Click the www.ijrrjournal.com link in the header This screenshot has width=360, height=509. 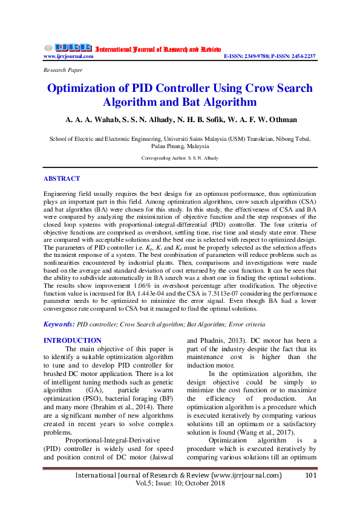[x=68, y=56]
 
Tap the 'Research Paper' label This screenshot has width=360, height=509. [x=63, y=71]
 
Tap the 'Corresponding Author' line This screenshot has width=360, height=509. [x=180, y=158]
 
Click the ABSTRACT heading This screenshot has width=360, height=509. [x=61, y=179]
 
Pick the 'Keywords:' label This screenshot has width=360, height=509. [x=59, y=325]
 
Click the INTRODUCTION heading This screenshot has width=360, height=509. [x=73, y=340]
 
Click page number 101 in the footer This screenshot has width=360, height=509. [x=311, y=475]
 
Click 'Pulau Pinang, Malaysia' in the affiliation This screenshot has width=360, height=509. [x=180, y=146]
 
